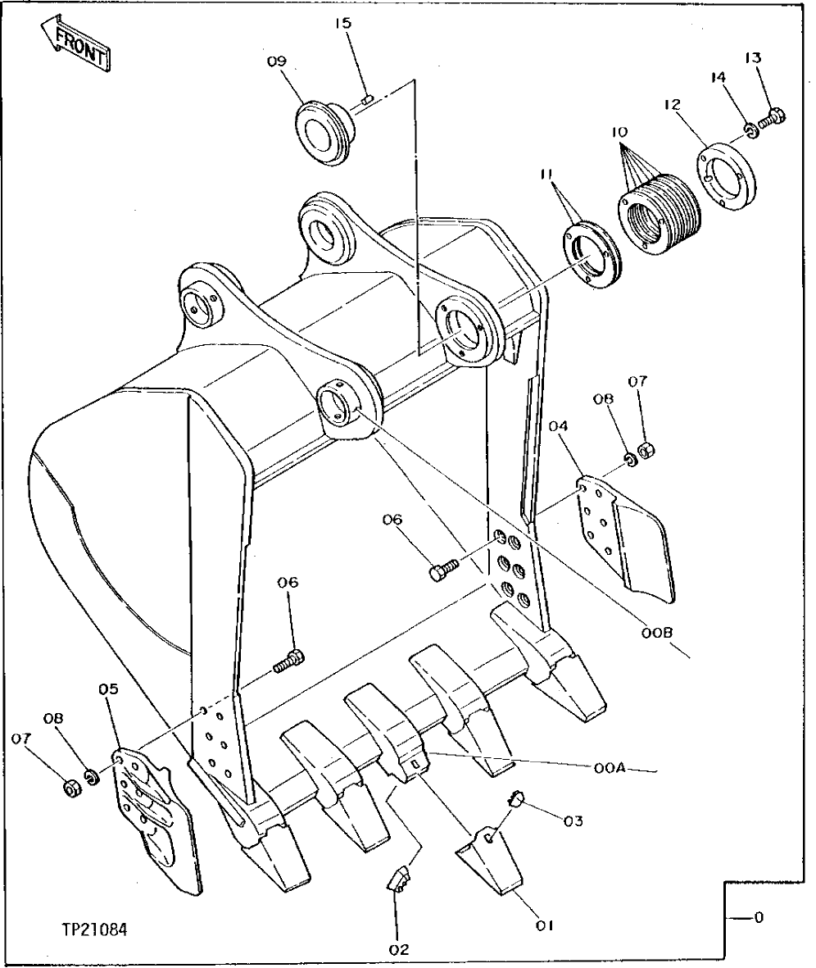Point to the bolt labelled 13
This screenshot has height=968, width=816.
772,119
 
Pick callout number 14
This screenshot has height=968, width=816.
718,78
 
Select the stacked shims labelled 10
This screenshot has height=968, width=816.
657,212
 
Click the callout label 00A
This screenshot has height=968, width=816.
610,768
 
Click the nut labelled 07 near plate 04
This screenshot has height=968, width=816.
644,450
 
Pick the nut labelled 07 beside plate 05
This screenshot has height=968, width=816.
70,788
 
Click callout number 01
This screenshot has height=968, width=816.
544,925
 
